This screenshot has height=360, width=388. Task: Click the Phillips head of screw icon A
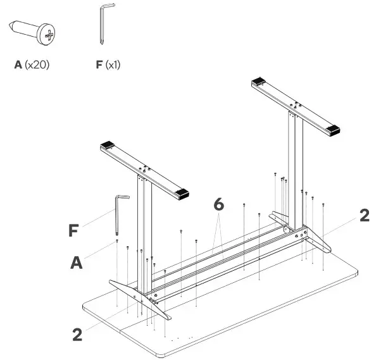tap(47, 32)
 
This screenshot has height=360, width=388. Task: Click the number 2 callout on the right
tap(364, 215)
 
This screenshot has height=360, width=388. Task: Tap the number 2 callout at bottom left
tap(77, 334)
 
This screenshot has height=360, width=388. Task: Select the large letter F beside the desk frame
tap(75, 229)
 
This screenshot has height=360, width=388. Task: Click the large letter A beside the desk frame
tap(77, 262)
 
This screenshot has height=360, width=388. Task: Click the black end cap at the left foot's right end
tap(184, 192)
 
